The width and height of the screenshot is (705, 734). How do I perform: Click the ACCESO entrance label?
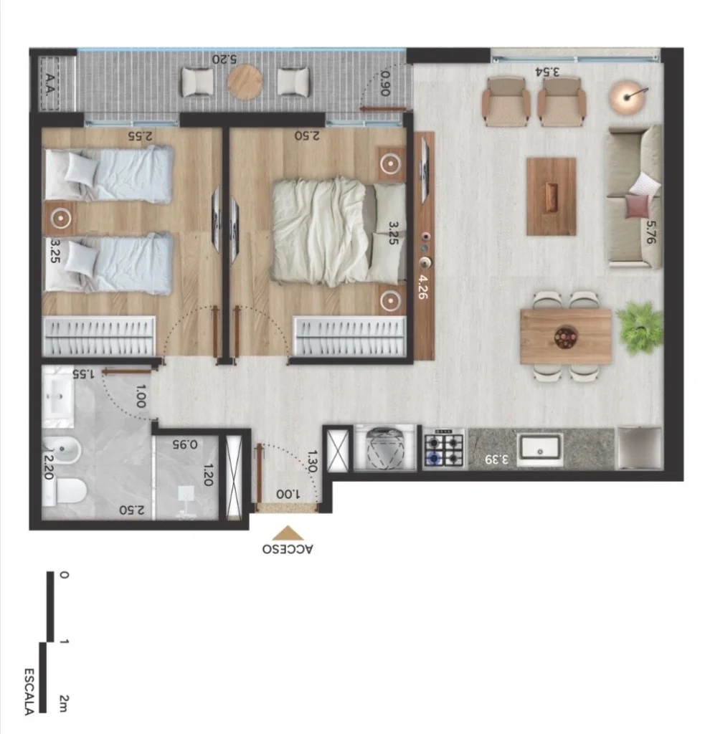tap(288, 548)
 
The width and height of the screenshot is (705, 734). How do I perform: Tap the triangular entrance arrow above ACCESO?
tap(288, 533)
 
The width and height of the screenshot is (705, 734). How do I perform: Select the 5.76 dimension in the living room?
tap(650, 233)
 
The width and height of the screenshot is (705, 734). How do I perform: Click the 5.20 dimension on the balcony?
tap(224, 59)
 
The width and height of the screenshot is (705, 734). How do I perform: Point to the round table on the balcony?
tap(245, 82)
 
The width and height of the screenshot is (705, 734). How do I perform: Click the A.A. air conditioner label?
tap(49, 84)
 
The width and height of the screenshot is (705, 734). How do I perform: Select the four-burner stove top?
tap(444, 449)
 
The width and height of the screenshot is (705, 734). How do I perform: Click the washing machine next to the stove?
tap(385, 447)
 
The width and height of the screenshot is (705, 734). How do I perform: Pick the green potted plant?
tap(640, 327)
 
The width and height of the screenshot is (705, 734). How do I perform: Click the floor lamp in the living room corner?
tap(628, 97)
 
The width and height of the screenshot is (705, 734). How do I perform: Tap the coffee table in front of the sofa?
tap(551, 196)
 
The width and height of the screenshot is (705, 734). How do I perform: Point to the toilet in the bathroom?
tap(65, 492)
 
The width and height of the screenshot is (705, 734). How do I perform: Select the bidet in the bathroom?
tap(62, 451)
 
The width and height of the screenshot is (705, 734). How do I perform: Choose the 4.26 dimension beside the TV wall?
tap(422, 287)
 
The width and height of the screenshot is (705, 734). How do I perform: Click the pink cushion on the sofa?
tap(638, 206)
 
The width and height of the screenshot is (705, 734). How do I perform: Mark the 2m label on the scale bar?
tap(64, 703)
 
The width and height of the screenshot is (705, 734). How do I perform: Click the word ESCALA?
tap(29, 692)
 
